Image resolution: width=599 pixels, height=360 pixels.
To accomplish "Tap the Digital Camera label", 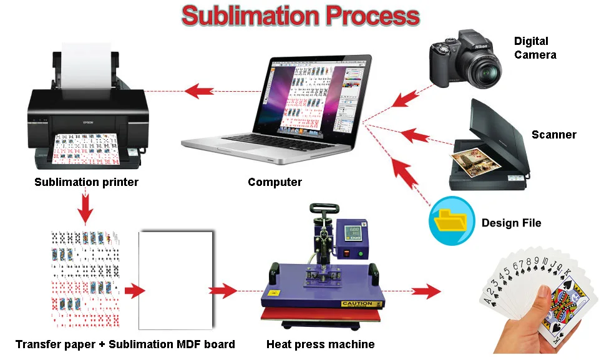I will [x=534, y=47].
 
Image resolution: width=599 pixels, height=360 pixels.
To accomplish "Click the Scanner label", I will [x=553, y=135].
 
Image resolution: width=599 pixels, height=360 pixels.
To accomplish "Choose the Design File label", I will [x=511, y=223].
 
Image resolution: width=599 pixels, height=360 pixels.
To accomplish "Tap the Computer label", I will [x=275, y=183].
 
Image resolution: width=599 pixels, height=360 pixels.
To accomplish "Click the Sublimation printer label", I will [x=86, y=183].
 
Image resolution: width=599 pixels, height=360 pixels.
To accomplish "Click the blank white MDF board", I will [x=176, y=280].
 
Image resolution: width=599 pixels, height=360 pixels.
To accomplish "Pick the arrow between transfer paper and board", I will [x=134, y=291].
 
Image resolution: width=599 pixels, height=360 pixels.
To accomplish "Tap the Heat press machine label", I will [x=320, y=344].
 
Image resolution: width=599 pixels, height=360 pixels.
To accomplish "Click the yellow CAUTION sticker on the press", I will [x=357, y=304].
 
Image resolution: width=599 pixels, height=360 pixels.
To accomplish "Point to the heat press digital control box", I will [x=353, y=239].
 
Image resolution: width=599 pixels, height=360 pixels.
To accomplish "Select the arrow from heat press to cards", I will [x=426, y=291].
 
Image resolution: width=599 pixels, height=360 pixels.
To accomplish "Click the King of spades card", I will [x=564, y=306].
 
